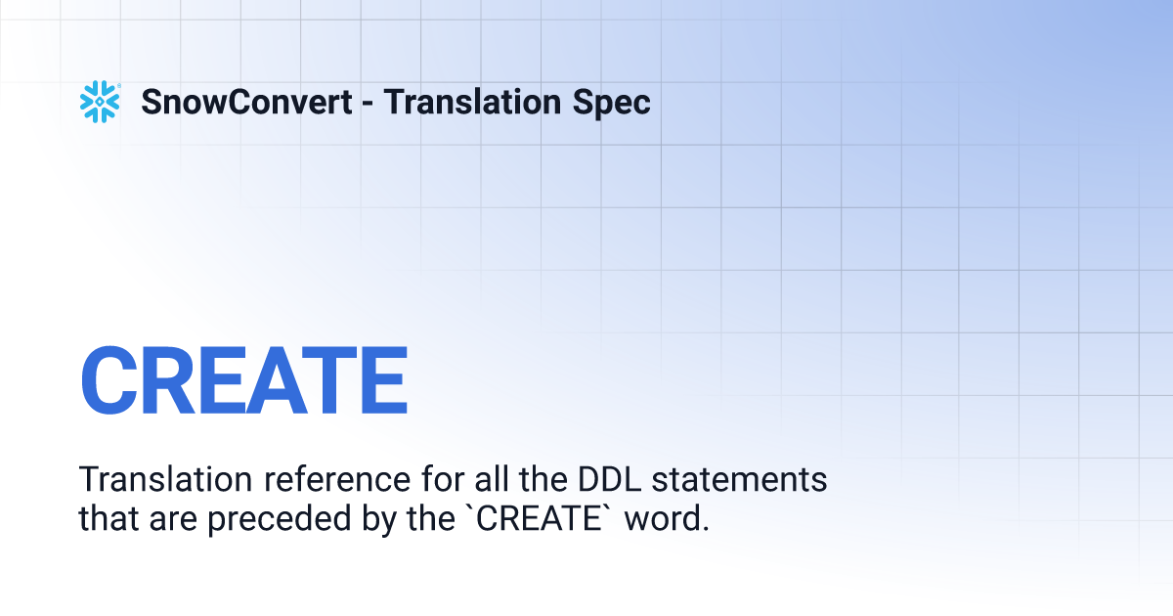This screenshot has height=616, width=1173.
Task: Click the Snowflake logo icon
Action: (100, 102)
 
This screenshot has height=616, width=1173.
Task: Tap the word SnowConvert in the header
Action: (246, 102)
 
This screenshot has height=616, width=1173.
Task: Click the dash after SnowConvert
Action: (368, 104)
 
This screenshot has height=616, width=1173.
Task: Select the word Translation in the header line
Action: (472, 102)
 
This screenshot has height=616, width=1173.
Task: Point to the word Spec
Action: (611, 104)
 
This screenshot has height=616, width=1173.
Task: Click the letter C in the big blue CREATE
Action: (109, 379)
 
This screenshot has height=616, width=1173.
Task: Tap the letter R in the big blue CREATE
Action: (168, 379)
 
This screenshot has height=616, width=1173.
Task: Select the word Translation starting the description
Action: (165, 479)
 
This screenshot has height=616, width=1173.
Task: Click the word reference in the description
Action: (337, 479)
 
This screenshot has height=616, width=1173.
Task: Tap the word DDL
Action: (609, 479)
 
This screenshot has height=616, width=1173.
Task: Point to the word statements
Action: (739, 479)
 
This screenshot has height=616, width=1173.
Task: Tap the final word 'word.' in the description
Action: (667, 517)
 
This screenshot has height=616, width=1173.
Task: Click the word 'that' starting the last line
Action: (109, 517)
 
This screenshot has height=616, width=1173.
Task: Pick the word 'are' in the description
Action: (173, 520)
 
